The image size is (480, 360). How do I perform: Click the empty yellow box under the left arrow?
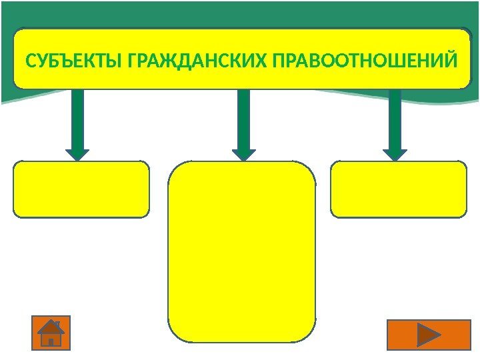coord(81,189)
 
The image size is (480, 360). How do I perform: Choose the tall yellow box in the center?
coord(241,251)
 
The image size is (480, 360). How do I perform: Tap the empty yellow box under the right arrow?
coord(399,189)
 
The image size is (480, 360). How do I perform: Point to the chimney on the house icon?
coord(58,325)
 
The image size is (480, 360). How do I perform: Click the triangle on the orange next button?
coord(427,334)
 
